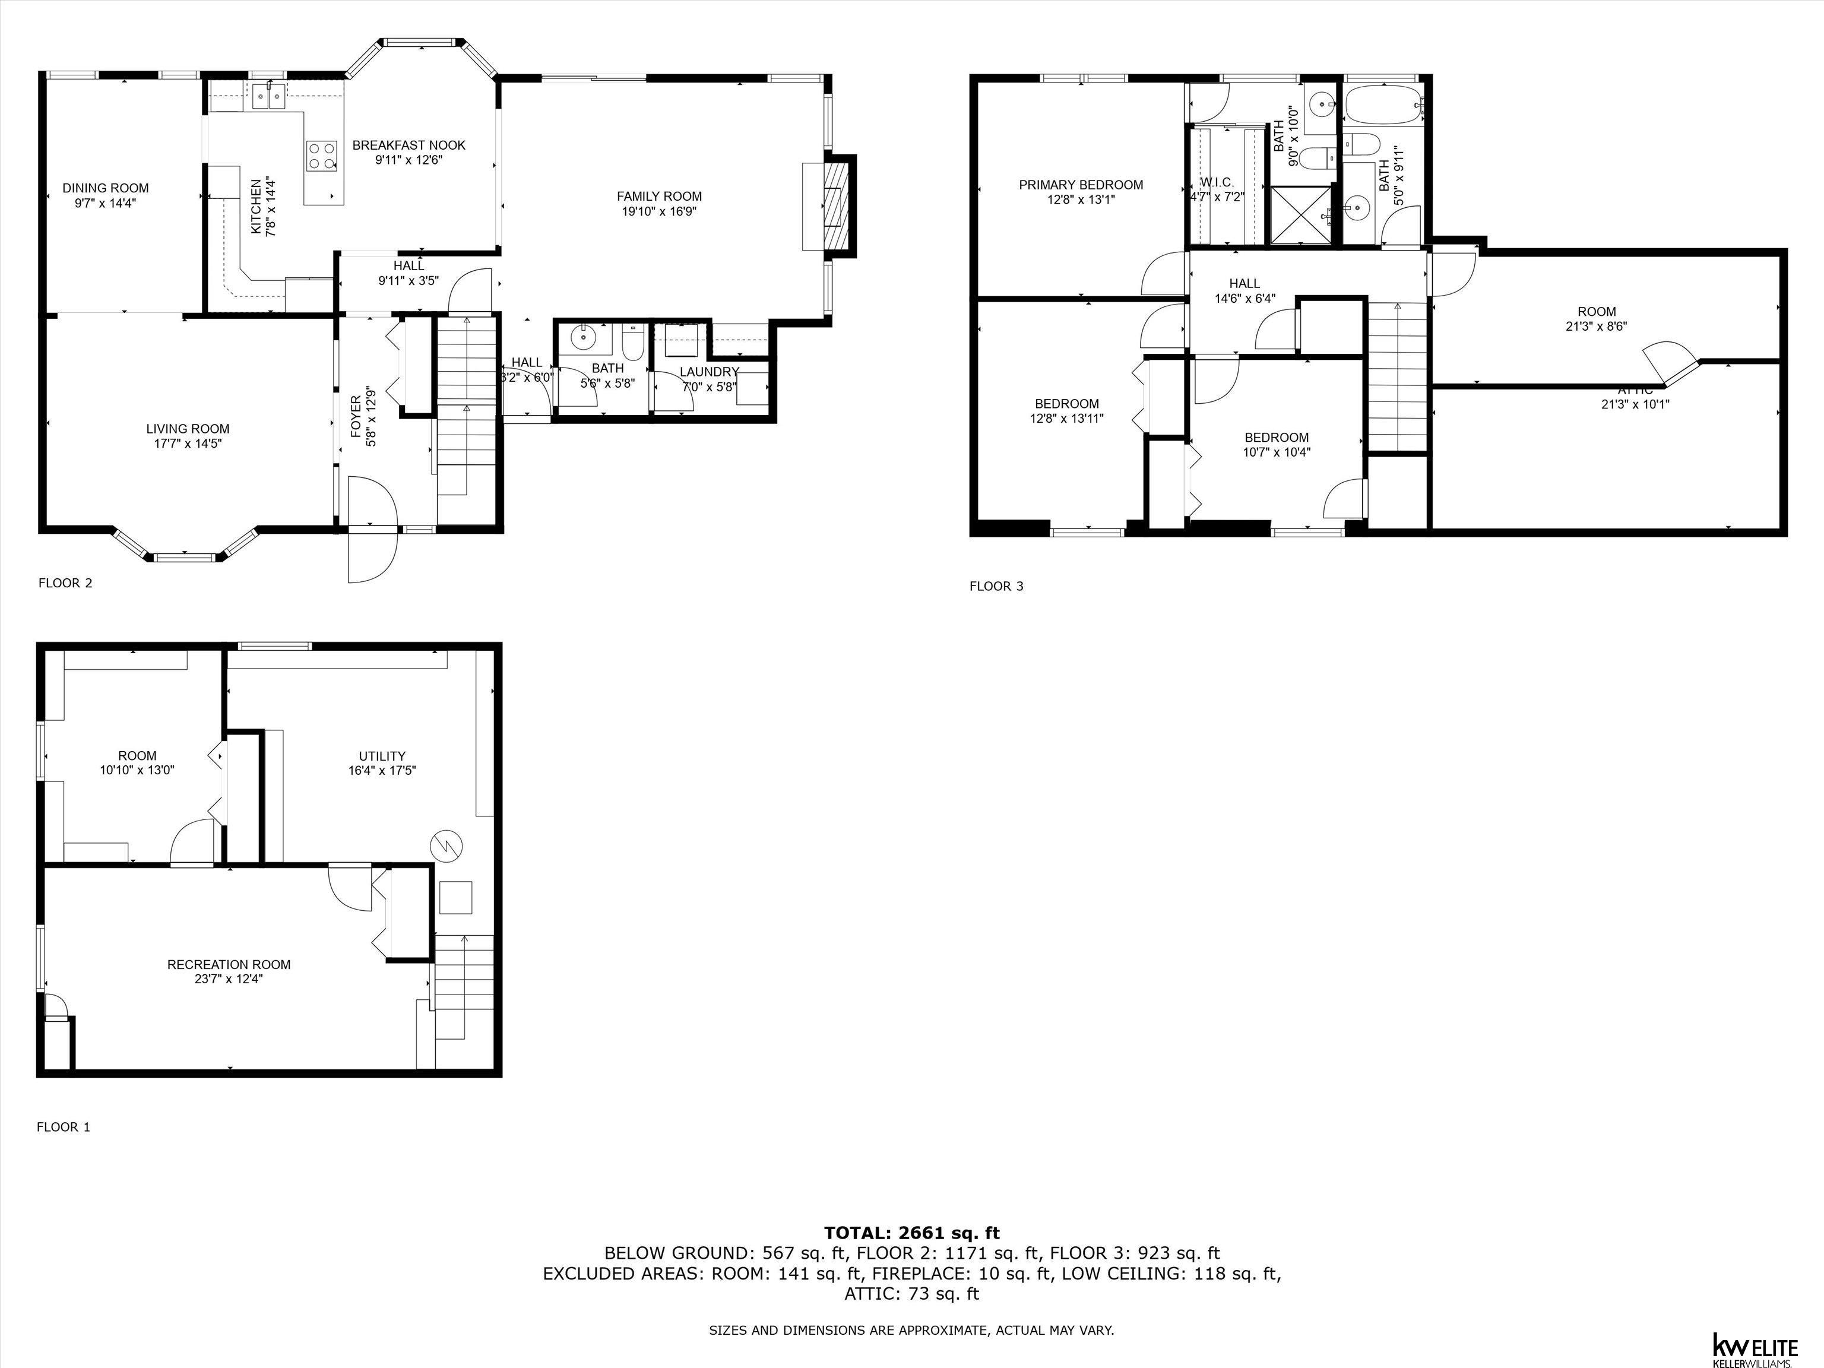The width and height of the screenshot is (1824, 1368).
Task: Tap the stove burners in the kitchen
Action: (x=322, y=155)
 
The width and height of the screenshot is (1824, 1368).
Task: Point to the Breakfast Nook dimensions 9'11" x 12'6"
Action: (x=409, y=160)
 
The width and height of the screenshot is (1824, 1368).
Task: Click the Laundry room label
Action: (x=709, y=372)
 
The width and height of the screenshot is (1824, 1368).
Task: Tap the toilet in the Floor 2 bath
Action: (x=632, y=341)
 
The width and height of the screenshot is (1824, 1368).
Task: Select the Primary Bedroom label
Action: (x=1080, y=185)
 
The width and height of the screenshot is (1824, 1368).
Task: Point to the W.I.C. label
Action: (x=1217, y=182)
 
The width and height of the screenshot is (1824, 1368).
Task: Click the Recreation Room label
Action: (x=229, y=964)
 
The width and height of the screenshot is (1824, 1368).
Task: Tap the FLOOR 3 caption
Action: (x=996, y=586)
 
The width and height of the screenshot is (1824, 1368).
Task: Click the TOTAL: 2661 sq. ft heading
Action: (x=911, y=1233)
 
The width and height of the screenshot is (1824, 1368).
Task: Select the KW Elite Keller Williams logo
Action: (x=1755, y=1346)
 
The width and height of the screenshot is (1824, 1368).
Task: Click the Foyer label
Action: (x=356, y=416)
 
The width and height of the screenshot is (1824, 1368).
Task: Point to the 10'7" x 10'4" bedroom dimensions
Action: (x=1277, y=452)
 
